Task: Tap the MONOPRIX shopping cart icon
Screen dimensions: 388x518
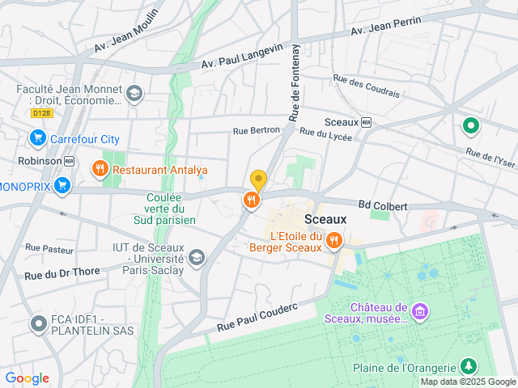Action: (62, 187)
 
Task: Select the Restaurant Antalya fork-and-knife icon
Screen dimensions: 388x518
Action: (100, 169)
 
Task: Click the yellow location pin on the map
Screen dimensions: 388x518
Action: (258, 180)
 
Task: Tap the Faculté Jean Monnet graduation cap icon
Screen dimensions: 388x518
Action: (134, 95)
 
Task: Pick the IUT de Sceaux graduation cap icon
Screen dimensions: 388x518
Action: (196, 258)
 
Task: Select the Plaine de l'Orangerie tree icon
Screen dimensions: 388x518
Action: (468, 367)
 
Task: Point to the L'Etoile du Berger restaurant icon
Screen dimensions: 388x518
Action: (333, 240)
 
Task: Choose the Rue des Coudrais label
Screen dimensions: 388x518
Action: (366, 86)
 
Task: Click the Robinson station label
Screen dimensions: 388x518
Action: (39, 161)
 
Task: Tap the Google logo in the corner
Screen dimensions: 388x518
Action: (27, 378)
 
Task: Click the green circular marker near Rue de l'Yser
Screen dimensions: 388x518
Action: (469, 125)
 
